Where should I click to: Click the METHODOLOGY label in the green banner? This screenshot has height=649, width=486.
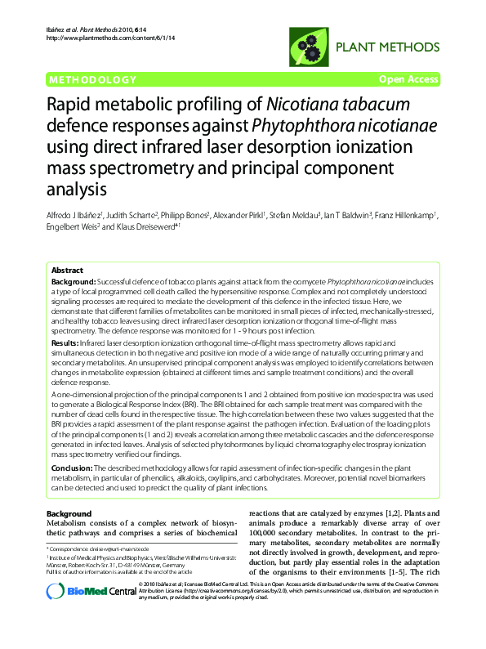point(92,79)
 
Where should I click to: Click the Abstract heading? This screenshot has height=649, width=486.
point(67,270)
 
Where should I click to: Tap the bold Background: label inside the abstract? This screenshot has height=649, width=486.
point(74,280)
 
